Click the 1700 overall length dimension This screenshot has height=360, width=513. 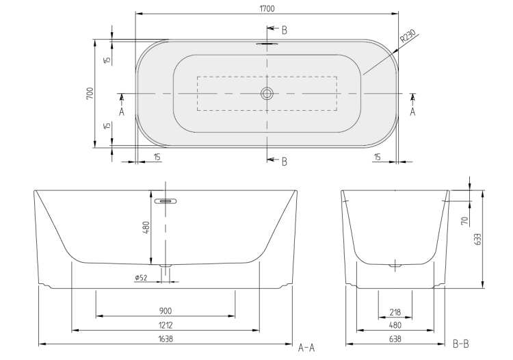[x=267, y=9]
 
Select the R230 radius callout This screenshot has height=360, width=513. [x=408, y=36]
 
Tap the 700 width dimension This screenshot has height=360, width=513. [x=90, y=93]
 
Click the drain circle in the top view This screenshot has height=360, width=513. [x=267, y=94]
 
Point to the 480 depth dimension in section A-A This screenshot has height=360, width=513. [x=146, y=227]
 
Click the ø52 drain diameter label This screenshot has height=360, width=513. [x=141, y=278]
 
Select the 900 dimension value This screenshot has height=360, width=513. [x=166, y=311]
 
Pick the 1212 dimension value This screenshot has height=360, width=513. [x=166, y=325]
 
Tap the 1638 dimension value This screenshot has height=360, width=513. [x=166, y=339]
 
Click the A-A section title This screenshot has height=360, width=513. [x=306, y=348]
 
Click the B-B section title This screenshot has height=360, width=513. [x=460, y=344]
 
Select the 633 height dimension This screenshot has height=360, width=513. [x=477, y=240]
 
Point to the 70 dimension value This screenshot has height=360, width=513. [x=464, y=221]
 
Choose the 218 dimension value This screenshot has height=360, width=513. [x=395, y=312]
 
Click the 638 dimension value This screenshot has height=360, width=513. [x=395, y=339]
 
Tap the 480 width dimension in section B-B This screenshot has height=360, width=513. [x=395, y=325]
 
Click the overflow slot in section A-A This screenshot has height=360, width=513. [x=166, y=201]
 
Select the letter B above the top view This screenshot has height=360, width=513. [x=285, y=30]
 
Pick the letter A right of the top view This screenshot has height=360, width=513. [x=413, y=112]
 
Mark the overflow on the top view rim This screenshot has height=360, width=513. [x=267, y=43]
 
